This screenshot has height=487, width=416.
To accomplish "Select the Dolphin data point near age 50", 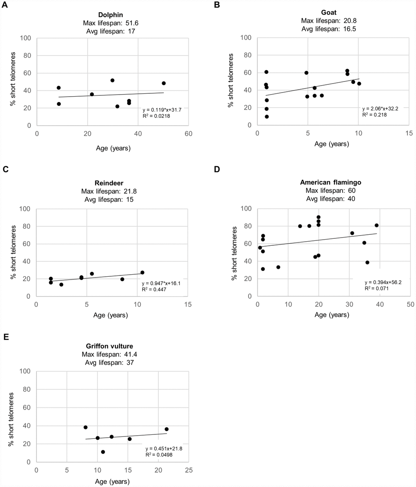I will point(164,83).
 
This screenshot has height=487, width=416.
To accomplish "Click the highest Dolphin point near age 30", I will point(112,80).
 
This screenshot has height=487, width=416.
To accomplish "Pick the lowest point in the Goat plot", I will point(267,117).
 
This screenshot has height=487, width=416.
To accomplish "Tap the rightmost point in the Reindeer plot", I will point(142,273).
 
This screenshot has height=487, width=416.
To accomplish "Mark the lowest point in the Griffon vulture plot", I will point(103,452).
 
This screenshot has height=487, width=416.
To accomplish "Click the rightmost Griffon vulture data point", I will point(166,429).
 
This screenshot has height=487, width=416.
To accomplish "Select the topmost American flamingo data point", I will point(319,217).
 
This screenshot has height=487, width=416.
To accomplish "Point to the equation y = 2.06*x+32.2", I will point(381,109).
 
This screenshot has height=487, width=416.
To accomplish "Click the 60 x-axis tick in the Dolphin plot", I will point(188,134).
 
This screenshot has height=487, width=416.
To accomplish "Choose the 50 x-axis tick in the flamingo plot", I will point(410,304).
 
